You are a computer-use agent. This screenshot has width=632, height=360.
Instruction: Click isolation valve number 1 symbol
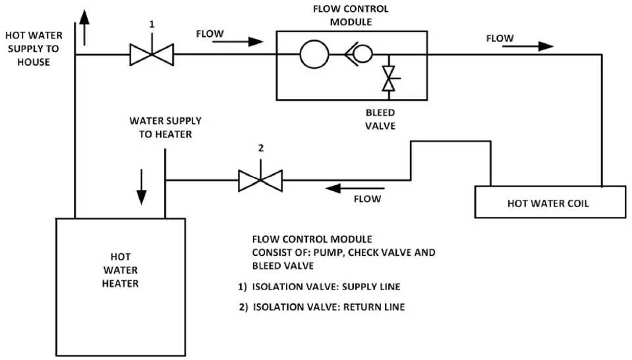tap(151, 55)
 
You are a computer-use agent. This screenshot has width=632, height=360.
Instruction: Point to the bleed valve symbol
tap(389, 78)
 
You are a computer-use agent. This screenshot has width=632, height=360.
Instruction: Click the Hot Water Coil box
tap(550, 202)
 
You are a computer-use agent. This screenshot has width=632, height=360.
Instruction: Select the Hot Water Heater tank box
tap(120, 286)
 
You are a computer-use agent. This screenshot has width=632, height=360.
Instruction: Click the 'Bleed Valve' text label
tap(380, 119)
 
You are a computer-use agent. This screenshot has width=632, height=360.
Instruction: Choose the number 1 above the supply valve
tap(152, 24)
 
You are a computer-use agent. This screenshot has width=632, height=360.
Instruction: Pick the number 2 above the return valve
tap(260, 148)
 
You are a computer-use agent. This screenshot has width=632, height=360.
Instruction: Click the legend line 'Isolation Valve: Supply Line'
tap(320, 287)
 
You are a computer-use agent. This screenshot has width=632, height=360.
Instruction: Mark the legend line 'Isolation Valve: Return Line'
tap(322, 307)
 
